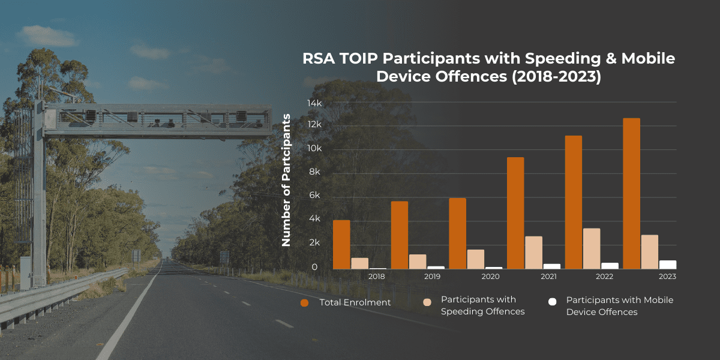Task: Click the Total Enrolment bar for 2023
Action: coord(632,193)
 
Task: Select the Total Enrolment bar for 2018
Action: coord(341,245)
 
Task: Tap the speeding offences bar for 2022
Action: coord(592,248)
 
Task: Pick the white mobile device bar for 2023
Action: coord(668,265)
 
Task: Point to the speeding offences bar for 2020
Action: coord(476,259)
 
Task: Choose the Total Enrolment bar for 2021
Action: coord(515,213)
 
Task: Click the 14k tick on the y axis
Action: coord(314,103)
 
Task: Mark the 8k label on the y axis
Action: coord(314,172)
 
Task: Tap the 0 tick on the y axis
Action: coord(314,267)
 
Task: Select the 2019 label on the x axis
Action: coord(432,277)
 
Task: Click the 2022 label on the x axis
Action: coord(604,277)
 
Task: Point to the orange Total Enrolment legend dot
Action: coord(304,303)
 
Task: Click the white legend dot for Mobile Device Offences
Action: coord(552,302)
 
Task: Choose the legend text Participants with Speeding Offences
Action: coord(482,305)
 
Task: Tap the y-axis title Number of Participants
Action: coord(286,180)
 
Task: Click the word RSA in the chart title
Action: coord(319,59)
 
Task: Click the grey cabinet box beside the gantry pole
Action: coord(26,273)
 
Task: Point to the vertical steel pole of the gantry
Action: coord(39,193)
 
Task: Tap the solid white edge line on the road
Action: coord(128,310)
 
